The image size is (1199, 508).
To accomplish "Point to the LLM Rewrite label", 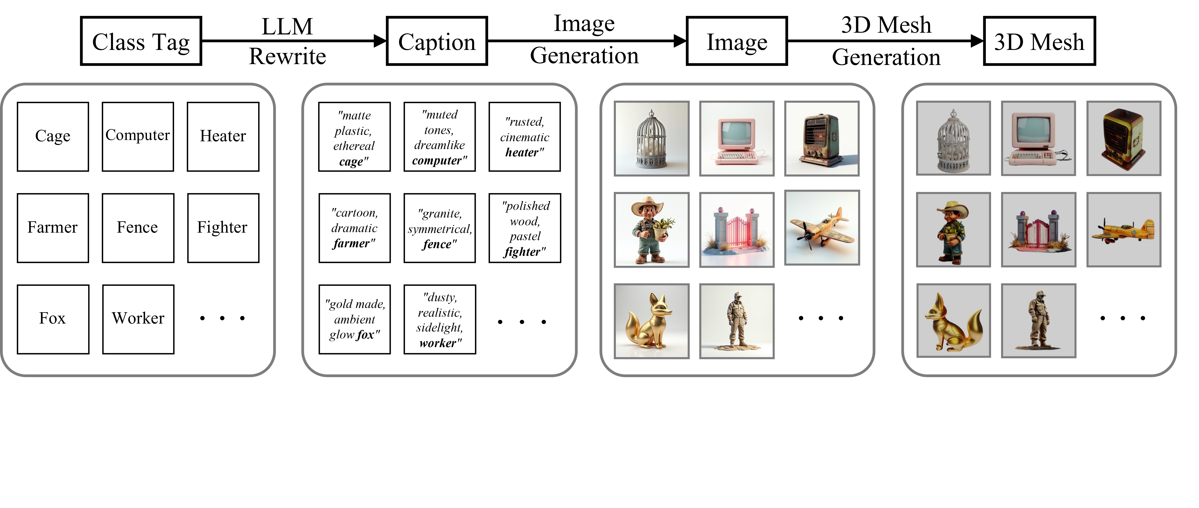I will [287, 41].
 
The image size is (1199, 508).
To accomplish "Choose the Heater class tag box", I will [223, 136].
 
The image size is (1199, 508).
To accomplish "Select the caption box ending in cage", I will [354, 137].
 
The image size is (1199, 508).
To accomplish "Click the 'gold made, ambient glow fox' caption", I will [354, 319].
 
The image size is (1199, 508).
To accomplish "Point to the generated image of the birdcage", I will [651, 139].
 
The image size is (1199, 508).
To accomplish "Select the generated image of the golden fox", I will [651, 321].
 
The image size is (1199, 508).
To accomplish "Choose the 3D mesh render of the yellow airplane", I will [1124, 230].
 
